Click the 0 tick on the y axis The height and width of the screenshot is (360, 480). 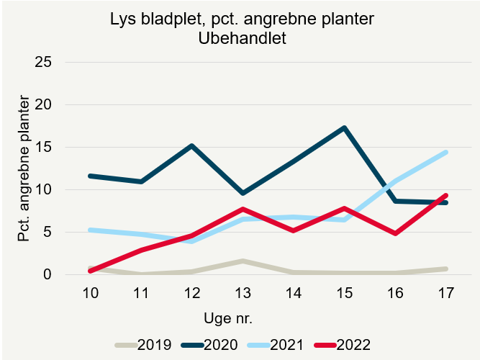click(48, 275)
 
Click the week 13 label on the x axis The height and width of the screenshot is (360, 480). click(243, 294)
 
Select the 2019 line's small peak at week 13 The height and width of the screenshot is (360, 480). click(243, 261)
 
